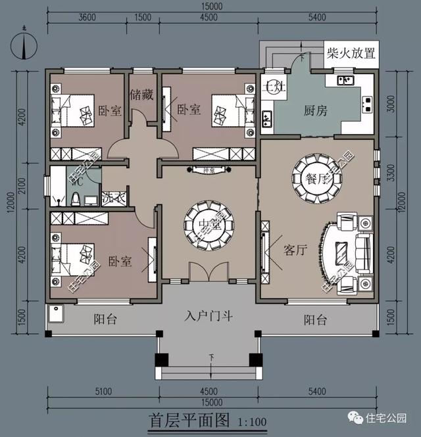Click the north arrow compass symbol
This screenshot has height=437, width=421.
[24, 46]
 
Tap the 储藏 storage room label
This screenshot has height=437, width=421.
[142, 94]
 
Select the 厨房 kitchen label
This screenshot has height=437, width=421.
[316, 110]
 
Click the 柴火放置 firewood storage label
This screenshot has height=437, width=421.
[351, 53]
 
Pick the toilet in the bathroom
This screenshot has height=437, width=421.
[75, 197]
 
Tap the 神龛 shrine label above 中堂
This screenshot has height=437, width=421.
[209, 170]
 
